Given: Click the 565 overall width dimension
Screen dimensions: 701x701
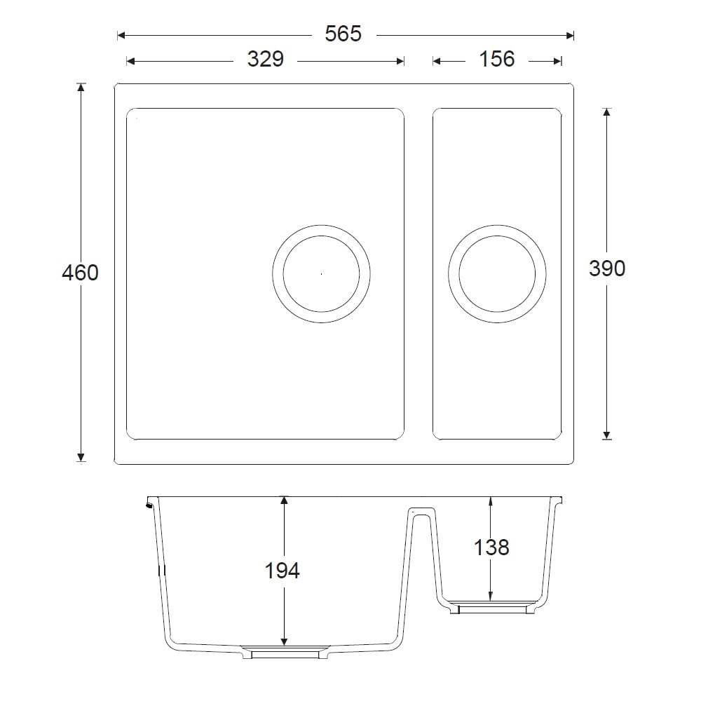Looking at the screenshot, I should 343,34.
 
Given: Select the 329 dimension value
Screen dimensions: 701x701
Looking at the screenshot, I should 265,60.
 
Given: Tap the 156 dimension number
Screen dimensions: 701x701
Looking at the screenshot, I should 497,60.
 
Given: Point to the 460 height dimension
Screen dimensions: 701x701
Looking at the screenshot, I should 80,273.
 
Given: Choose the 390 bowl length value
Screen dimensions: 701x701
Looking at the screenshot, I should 607,268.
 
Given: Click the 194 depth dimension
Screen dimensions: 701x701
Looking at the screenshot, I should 283,571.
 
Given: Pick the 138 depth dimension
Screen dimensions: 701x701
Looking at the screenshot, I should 491,547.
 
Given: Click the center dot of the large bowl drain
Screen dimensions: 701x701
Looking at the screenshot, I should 321,273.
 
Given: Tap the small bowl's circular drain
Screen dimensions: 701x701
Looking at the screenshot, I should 497,273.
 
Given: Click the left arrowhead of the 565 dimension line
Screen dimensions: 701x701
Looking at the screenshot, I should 121,34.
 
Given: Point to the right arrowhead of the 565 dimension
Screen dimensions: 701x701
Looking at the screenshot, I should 570,34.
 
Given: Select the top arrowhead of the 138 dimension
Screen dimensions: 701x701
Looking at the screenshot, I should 490,501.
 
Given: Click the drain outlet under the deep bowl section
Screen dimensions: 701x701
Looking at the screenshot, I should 285,653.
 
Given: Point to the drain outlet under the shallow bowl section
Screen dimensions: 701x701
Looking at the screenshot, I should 491,608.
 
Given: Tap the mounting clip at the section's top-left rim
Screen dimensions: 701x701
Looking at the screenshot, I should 149,503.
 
